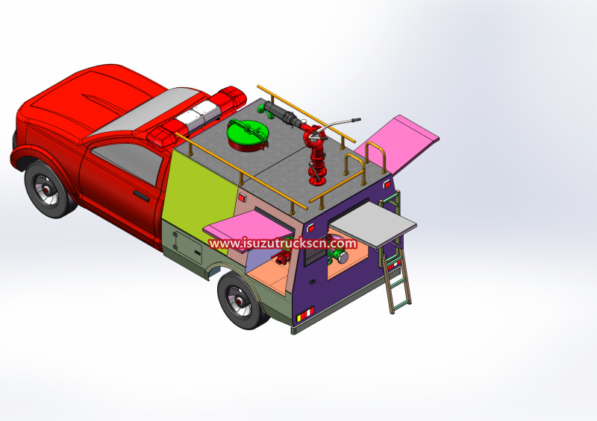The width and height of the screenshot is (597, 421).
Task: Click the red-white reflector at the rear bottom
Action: tap(303, 319)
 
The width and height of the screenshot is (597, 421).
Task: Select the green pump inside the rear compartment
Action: tap(340, 256)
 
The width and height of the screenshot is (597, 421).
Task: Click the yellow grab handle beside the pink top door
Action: tap(376, 156)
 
